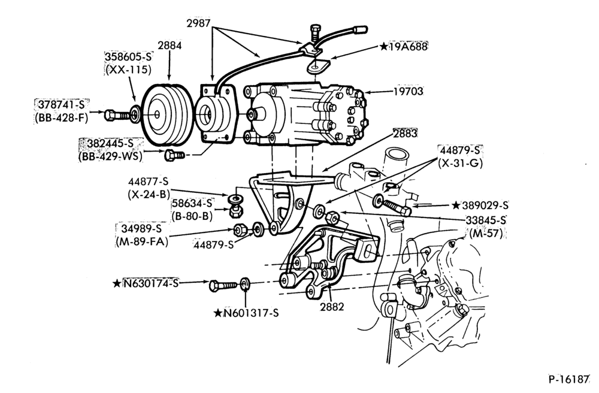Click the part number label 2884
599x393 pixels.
[170, 46]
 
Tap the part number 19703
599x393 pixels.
[409, 91]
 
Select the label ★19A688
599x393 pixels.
[403, 47]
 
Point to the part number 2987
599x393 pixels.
[198, 23]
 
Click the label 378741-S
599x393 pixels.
[60, 105]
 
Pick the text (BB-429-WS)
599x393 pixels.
[110, 156]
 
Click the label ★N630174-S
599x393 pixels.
[146, 283]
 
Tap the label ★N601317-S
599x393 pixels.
[246, 313]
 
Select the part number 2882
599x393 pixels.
[332, 307]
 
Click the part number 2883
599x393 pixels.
[406, 133]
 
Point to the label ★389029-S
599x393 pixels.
[480, 205]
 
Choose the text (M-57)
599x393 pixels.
[486, 233]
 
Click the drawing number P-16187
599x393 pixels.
[570, 379]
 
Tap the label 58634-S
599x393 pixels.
[192, 204]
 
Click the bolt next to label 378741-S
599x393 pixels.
[117, 114]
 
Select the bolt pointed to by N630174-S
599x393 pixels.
[223, 285]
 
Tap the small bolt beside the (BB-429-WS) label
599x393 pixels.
[174, 155]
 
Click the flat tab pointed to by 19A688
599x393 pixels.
[318, 66]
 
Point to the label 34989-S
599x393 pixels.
[142, 229]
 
